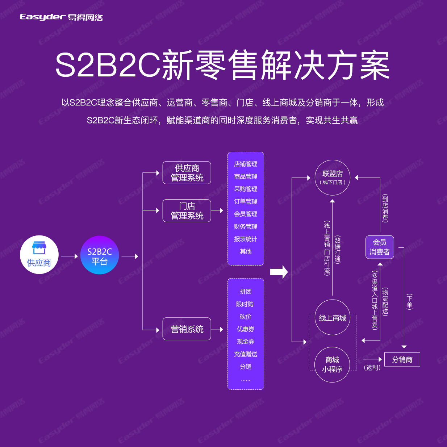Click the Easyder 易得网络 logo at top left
click(61, 17)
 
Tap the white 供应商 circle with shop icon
click(39, 255)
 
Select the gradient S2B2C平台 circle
click(100, 255)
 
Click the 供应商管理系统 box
click(187, 173)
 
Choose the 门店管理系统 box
click(187, 211)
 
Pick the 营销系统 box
click(187, 329)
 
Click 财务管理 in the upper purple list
click(246, 226)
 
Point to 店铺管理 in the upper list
click(246, 164)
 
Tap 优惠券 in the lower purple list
click(246, 329)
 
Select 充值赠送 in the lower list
click(246, 354)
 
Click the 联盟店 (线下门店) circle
click(332, 177)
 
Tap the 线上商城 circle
click(332, 318)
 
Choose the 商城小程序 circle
click(332, 364)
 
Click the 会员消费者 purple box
click(379, 247)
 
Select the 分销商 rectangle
click(402, 359)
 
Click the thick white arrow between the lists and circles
click(279, 272)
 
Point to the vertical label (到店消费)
click(385, 208)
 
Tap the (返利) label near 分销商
click(372, 368)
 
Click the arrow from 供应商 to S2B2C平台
click(70, 256)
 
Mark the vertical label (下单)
click(409, 301)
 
